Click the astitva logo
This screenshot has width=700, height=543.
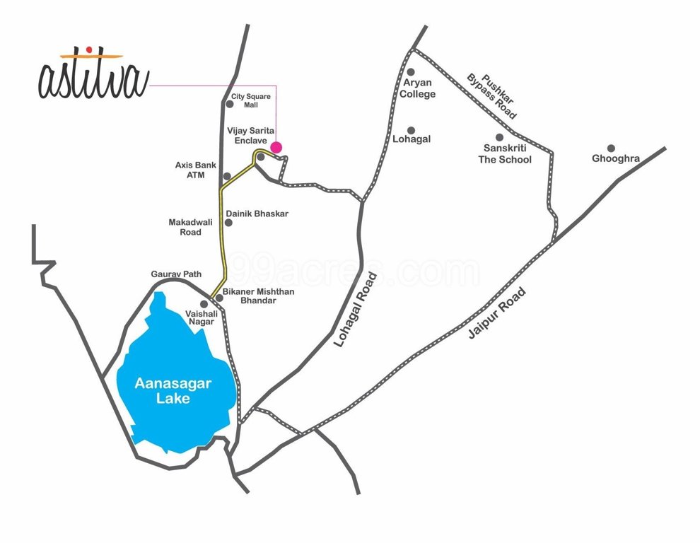coord(93,75)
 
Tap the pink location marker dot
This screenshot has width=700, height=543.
coord(276,147)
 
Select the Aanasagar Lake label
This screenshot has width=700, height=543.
coord(174,390)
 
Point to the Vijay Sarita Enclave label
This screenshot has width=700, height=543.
coord(247,136)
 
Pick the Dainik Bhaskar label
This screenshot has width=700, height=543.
coord(257,214)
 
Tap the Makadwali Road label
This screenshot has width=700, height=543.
coord(185,227)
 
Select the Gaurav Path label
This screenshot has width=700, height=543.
coord(176,274)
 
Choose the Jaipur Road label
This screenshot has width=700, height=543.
coord(497,313)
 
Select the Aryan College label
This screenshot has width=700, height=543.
coord(418,88)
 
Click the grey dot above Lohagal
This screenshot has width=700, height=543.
coord(411,130)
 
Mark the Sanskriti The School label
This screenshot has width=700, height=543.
coord(507,153)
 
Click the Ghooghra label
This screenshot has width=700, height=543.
coord(616,158)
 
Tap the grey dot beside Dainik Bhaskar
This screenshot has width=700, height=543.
coord(228,223)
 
